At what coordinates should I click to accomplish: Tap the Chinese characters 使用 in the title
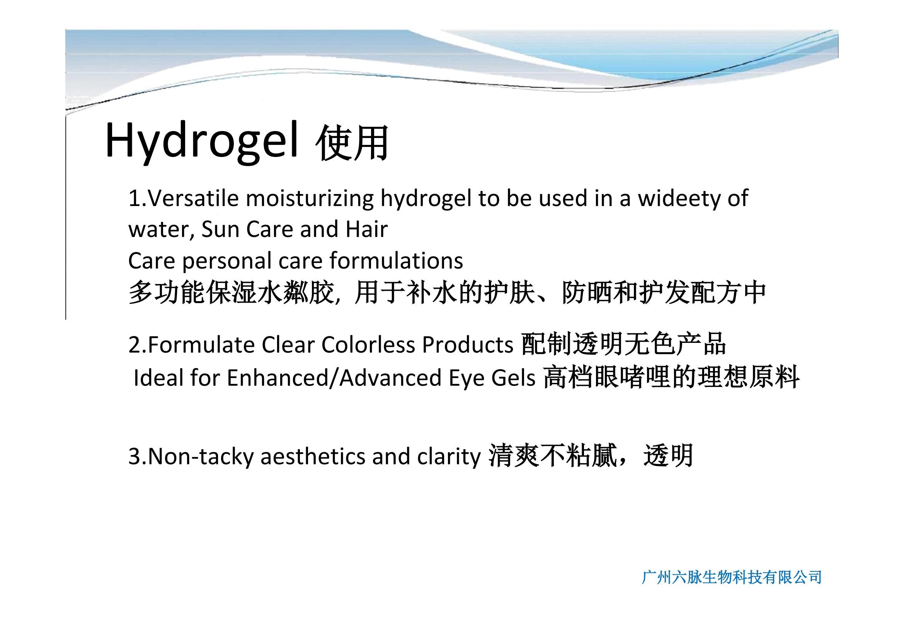coord(352,143)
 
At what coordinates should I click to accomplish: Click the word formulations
coord(397,261)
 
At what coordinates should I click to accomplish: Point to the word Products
coord(468,345)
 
